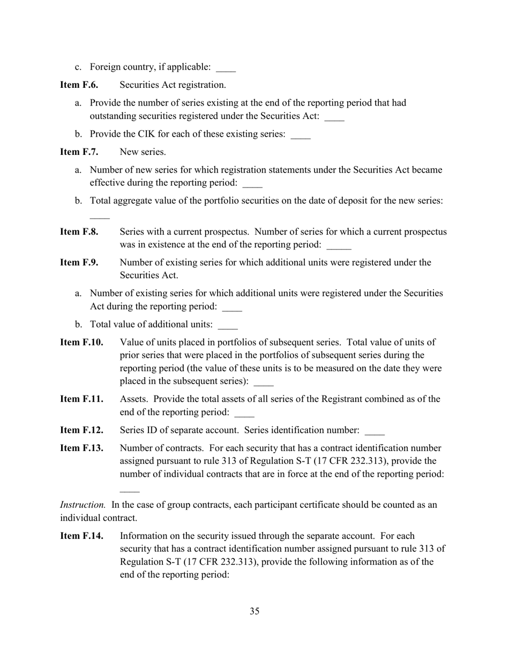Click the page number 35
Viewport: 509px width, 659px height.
[254, 611]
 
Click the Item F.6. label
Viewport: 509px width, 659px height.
[79, 85]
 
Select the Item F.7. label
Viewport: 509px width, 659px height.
[79, 152]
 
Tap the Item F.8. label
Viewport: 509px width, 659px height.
[79, 232]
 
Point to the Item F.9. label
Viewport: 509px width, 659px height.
[79, 263]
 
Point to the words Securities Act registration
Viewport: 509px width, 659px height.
[173, 85]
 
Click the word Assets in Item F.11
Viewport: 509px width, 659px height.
[133, 399]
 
